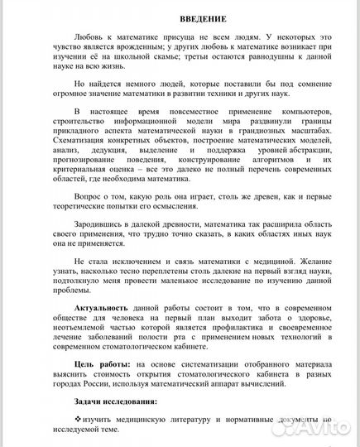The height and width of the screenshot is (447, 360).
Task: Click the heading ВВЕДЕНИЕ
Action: [x=180, y=18]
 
